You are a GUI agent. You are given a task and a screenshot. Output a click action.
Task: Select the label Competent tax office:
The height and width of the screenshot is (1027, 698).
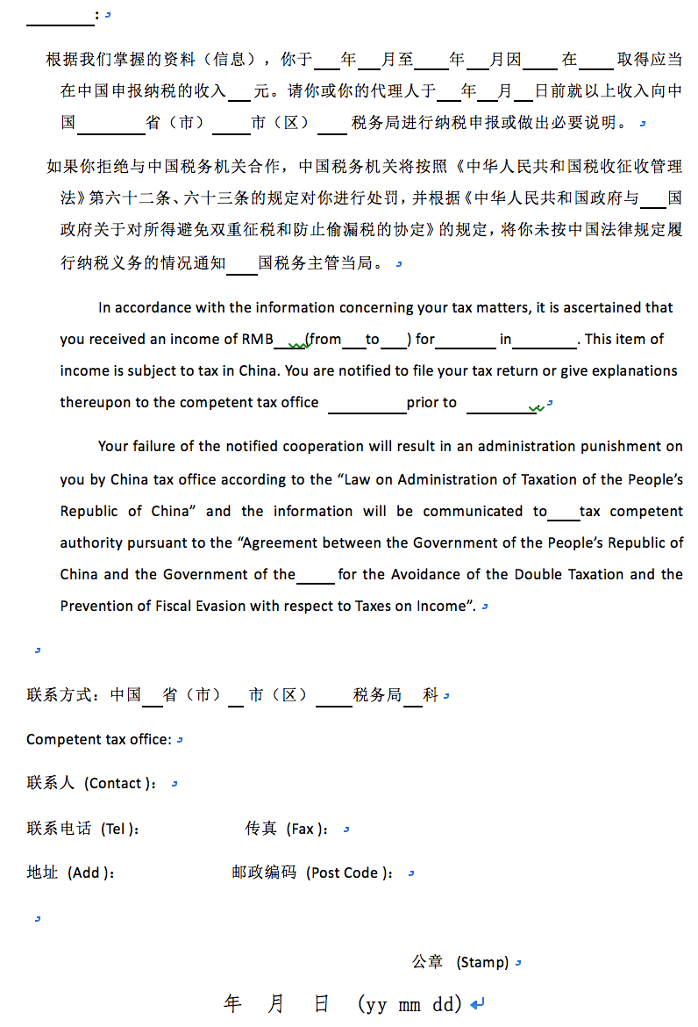pos(98,740)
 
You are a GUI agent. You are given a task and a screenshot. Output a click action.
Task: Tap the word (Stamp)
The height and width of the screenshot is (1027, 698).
pos(482,963)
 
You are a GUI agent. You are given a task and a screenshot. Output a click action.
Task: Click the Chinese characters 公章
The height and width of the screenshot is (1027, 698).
pos(428,962)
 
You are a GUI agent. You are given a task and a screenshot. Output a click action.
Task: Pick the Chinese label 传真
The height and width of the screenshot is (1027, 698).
pos(261,829)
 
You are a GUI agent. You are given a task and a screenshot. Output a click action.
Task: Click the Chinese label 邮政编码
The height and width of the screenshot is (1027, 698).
pos(265,873)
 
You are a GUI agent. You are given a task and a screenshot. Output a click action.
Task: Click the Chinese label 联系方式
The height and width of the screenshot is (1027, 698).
pos(60,695)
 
